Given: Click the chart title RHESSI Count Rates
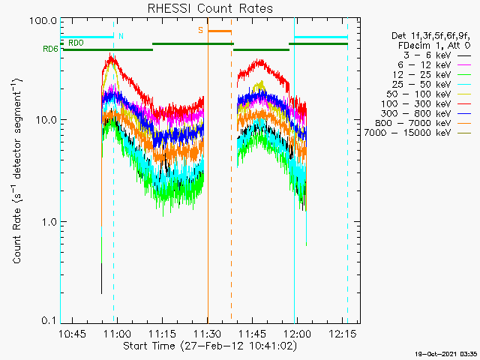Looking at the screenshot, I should pyautogui.click(x=209, y=9).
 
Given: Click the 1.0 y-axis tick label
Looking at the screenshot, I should pyautogui.click(x=49, y=222).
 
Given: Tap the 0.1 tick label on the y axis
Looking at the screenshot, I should pyautogui.click(x=49, y=320).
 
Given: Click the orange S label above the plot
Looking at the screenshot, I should pyautogui.click(x=200, y=30).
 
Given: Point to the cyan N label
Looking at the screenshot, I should pyautogui.click(x=121, y=36).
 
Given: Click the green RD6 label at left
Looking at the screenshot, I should pyautogui.click(x=49, y=49).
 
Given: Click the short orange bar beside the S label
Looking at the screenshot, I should pyautogui.click(x=220, y=31).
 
